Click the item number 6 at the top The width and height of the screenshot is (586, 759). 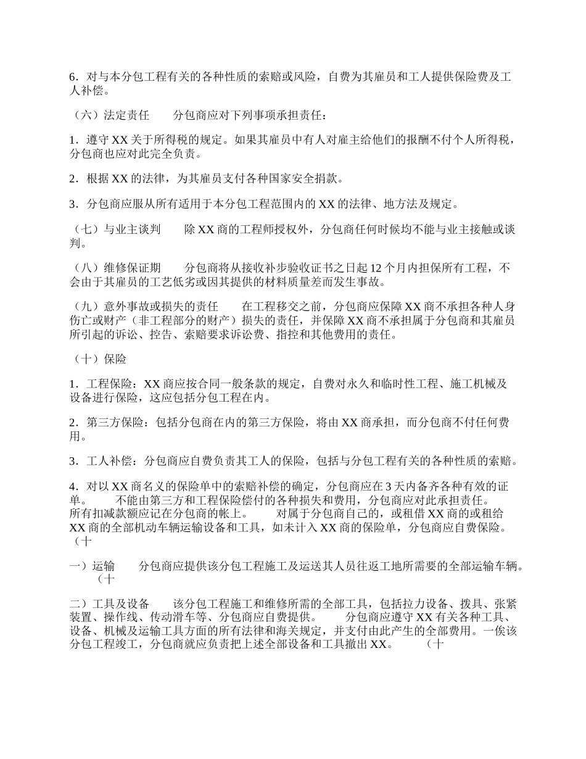tap(73, 77)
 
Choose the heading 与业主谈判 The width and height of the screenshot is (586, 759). tap(132, 230)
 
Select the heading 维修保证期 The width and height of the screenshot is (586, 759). tap(132, 268)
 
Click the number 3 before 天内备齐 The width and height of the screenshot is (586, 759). tap(387, 486)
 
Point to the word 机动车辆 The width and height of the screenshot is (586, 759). tap(160, 528)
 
